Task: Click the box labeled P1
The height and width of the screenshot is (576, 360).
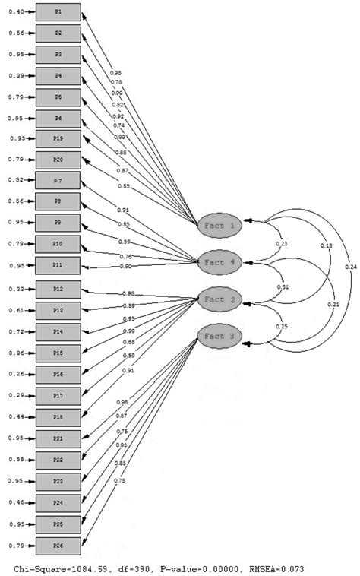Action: (x=58, y=13)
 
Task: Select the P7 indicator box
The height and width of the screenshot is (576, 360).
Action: (x=58, y=180)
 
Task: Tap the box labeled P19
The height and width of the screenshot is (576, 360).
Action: (x=58, y=138)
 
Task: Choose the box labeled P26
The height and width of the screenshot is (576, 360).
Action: (x=58, y=545)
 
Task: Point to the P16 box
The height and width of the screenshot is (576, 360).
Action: (x=58, y=374)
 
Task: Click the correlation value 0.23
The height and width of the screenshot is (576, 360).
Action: (x=282, y=243)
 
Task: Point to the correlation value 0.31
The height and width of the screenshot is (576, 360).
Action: (x=283, y=287)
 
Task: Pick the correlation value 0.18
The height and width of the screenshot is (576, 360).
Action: (x=326, y=246)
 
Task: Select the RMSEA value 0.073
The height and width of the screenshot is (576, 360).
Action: (x=286, y=568)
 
